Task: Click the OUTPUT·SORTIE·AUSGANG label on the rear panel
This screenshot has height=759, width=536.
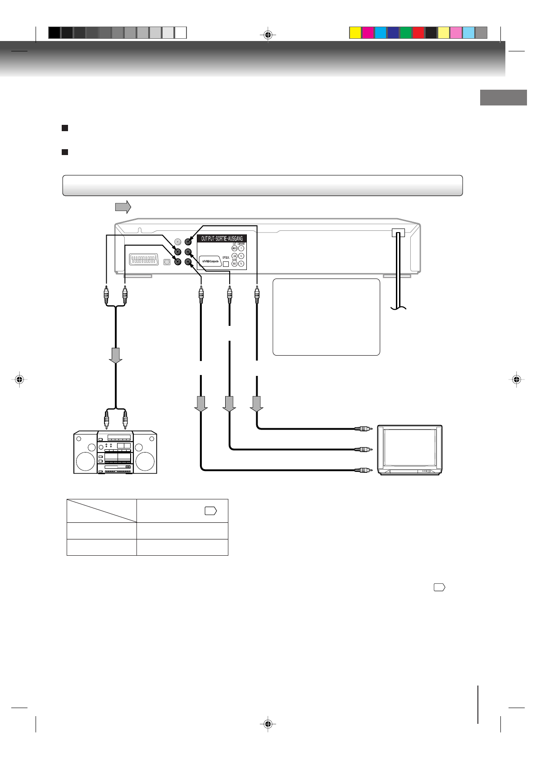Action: coord(222,238)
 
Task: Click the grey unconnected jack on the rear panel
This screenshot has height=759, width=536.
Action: coord(178,242)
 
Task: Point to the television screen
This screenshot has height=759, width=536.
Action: coord(409,448)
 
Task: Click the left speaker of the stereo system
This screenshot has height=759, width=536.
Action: coord(85,461)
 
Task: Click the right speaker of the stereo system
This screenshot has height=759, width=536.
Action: coord(145,461)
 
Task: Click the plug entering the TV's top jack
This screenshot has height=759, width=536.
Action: coord(363,429)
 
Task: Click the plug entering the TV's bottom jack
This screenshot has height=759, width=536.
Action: coord(363,470)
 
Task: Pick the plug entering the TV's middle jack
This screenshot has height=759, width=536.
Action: coord(363,449)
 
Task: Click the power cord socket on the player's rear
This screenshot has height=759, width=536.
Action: coord(398,233)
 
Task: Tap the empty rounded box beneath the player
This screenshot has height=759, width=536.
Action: coord(326,317)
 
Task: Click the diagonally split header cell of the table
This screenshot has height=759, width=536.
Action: coord(102,511)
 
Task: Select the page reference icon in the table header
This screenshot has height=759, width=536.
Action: coord(211,511)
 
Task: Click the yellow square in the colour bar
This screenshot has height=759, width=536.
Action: coord(355,33)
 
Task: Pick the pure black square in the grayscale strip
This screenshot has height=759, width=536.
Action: coord(54,33)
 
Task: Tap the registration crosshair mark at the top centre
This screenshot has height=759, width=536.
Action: coord(268,35)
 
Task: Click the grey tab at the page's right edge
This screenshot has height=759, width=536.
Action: coord(503,97)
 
